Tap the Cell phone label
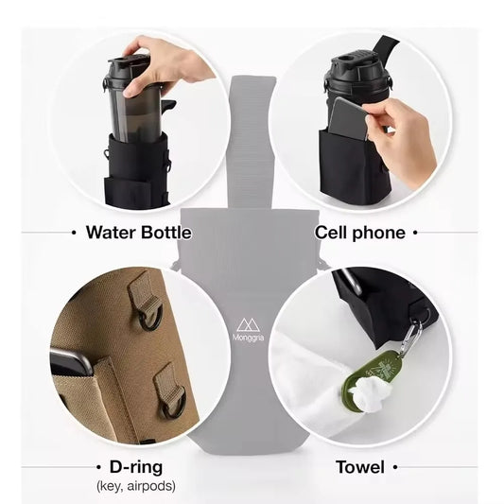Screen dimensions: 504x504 pyautogui.click(x=360, y=232)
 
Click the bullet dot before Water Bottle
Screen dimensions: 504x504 pyautogui.click(x=74, y=232)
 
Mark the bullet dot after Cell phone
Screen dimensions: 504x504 pyautogui.click(x=416, y=232)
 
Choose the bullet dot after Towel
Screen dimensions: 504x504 pyautogui.click(x=395, y=466)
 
